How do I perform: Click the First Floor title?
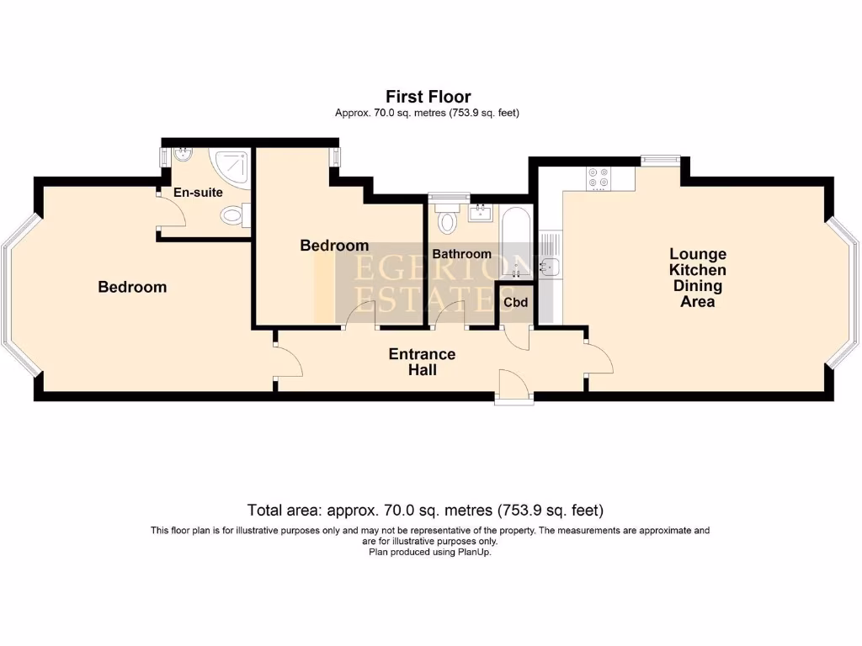[428, 97]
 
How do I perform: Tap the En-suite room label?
[198, 193]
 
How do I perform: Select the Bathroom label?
[462, 254]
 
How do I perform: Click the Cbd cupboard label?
[516, 302]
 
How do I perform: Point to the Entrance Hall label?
[423, 362]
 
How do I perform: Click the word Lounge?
[698, 254]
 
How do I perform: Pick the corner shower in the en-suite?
[231, 168]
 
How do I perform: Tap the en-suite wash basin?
[182, 155]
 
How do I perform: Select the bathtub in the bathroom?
[516, 242]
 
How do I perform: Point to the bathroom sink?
[481, 213]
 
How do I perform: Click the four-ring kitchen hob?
[599, 178]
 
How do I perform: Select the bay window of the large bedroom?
[21, 295]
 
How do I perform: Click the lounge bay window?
[842, 292]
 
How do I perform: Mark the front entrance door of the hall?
[514, 387]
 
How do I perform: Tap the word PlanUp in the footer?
[473, 552]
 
